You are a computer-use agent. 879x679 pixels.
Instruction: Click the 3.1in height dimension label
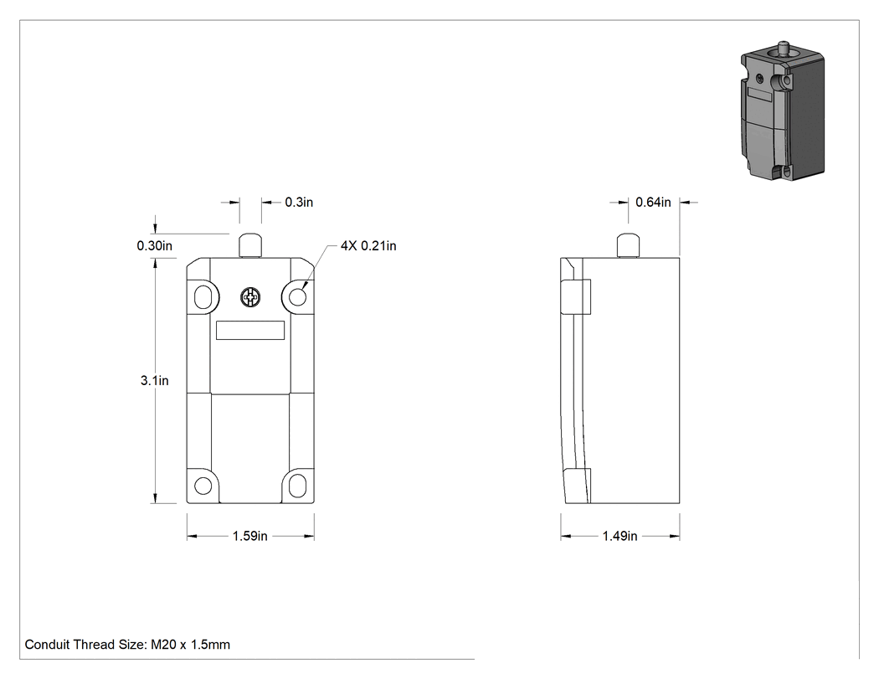154,381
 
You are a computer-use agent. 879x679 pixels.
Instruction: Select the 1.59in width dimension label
250,536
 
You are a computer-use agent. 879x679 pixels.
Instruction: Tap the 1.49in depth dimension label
620,536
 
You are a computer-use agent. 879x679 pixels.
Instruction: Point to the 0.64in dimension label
653,203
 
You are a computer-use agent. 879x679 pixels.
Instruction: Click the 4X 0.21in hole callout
368,246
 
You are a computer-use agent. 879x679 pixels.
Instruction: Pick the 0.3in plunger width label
299,203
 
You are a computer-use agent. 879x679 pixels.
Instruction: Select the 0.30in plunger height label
155,246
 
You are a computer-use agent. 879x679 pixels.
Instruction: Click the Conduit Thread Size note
127,645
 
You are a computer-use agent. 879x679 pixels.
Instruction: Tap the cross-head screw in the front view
250,297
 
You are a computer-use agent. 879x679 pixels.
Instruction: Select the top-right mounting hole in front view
297,296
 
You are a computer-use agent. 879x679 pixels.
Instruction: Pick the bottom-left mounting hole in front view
203,486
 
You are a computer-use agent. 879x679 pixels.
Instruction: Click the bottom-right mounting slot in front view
297,486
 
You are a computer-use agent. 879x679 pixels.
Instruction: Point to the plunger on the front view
250,245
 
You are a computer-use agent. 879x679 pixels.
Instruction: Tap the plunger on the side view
628,245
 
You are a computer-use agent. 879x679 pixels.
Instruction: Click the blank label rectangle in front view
250,330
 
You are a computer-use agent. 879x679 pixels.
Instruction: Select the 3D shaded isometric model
783,111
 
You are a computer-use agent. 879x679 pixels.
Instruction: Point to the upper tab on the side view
576,296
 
